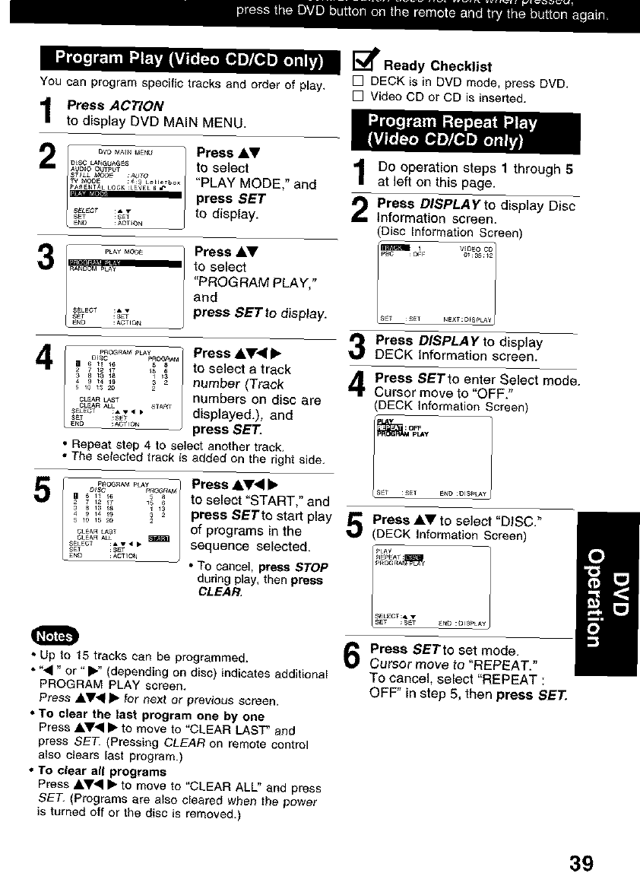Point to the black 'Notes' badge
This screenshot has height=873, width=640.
[51, 636]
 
